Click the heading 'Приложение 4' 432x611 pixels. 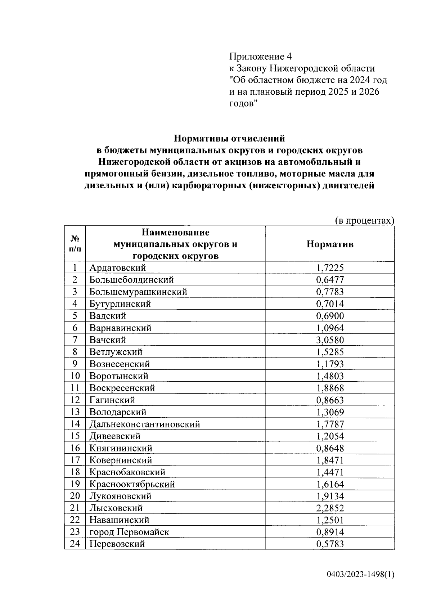click(260, 57)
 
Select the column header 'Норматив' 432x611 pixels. click(330, 244)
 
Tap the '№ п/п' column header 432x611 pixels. click(75, 244)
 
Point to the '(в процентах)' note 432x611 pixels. click(364, 220)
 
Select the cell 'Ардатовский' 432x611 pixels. click(118, 268)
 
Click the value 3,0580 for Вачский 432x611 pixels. click(330, 340)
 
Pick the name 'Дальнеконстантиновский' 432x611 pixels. click(145, 424)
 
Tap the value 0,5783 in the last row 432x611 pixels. click(330, 544)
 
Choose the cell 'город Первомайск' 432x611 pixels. click(129, 532)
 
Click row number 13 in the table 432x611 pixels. click(75, 412)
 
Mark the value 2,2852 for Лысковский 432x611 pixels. click(330, 508)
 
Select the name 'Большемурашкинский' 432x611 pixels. click(138, 292)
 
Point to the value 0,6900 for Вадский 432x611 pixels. click(330, 316)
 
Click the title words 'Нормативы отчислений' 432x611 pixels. click(229, 139)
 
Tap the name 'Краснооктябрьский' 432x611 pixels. click(132, 484)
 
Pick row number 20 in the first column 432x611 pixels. click(75, 496)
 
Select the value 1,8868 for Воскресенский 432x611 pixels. click(330, 388)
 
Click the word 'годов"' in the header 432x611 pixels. click(244, 104)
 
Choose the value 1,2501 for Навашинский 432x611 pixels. click(330, 520)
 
